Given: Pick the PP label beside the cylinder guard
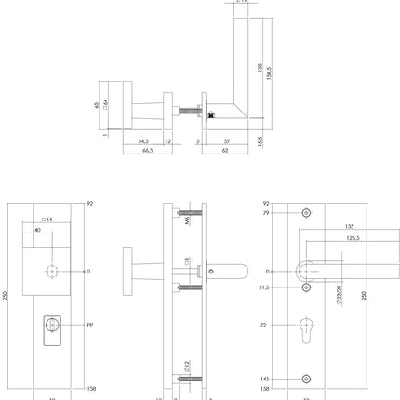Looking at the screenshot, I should [90, 327].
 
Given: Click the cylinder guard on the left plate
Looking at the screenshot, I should [53, 328].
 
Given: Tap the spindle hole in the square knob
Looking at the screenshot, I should [52, 272].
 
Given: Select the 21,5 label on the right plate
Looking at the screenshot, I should [264, 287].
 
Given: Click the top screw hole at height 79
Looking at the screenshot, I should [306, 213].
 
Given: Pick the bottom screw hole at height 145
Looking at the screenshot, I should [306, 380].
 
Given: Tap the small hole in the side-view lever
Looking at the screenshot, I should [213, 271].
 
